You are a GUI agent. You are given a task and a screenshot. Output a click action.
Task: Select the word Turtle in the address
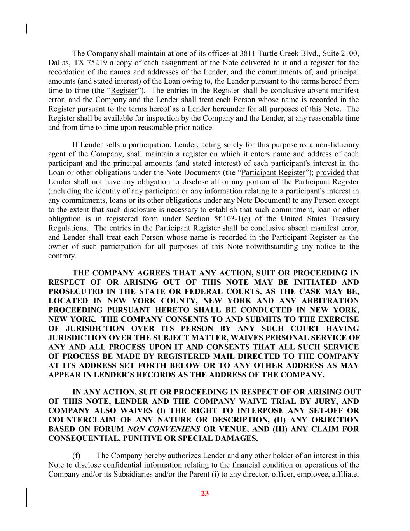coord(269,53)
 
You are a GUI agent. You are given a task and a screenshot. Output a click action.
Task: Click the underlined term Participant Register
coord(273,172)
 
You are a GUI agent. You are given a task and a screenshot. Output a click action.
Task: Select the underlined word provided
coord(330,172)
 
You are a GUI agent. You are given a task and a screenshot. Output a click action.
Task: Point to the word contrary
coord(61,256)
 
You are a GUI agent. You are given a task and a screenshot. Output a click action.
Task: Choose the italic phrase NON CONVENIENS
coord(164,429)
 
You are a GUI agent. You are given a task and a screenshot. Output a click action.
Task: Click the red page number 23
coord(205,494)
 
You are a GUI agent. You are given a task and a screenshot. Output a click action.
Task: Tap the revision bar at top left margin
coord(26,29)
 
